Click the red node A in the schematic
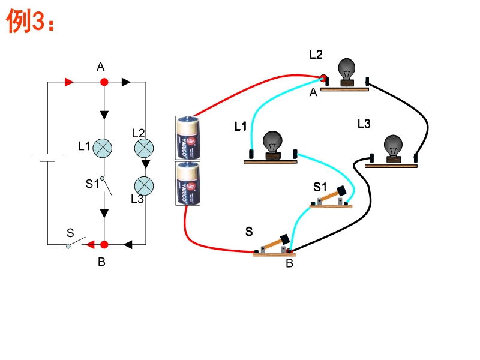[x=104, y=82]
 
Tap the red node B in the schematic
[x=104, y=245]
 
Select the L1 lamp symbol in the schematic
[x=102, y=148]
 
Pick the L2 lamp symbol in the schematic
[x=144, y=148]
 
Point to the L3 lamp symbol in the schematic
[x=144, y=186]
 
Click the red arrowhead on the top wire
[x=69, y=82]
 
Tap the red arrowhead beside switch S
[x=90, y=245]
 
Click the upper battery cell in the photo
[x=188, y=138]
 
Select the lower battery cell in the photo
[x=188, y=183]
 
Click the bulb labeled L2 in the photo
[x=347, y=72]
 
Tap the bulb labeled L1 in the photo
[x=272, y=145]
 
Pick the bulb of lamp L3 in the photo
[x=393, y=149]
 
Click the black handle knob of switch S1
[x=341, y=191]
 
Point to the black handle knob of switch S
[x=285, y=239]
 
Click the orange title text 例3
[x=31, y=20]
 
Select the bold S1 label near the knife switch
[x=320, y=187]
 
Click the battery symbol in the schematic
[x=47, y=157]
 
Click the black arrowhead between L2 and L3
[x=146, y=164]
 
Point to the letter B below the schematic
[x=101, y=262]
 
